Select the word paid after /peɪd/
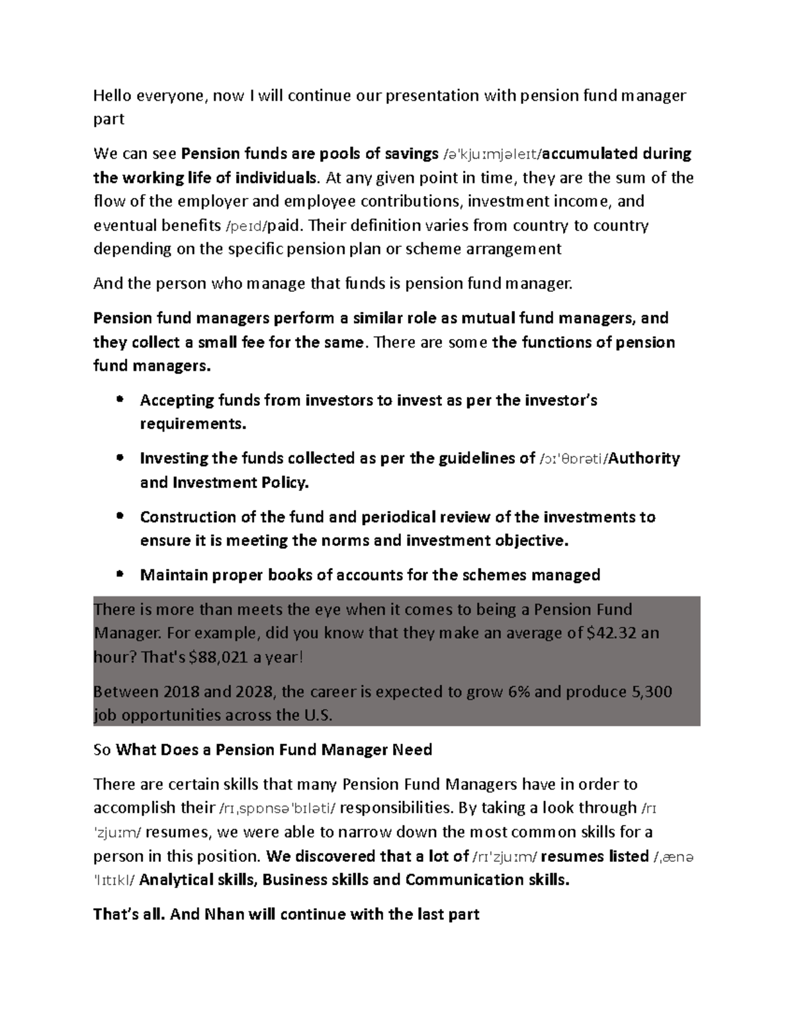(287, 226)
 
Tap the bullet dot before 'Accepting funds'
(120, 400)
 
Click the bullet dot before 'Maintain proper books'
(120, 575)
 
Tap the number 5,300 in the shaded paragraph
(651, 692)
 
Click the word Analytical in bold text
(176, 880)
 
